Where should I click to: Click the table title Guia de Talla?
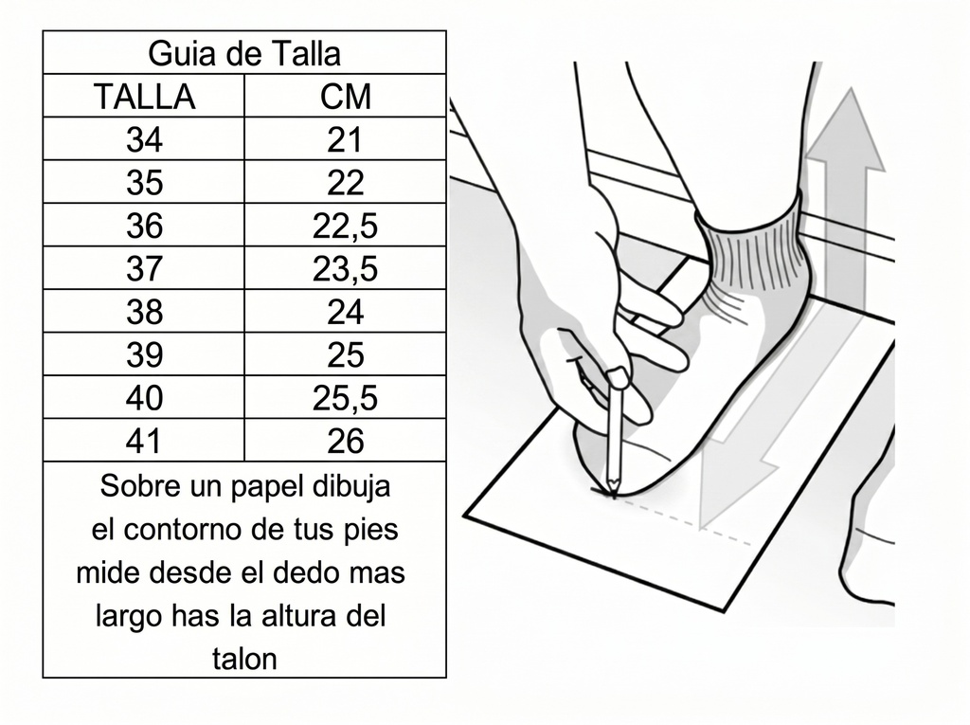tap(244, 53)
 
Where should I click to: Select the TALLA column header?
tap(144, 97)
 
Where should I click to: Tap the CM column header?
tap(345, 97)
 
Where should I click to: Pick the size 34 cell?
tap(144, 140)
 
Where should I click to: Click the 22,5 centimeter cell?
tap(345, 227)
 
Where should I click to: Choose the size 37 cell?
tap(144, 270)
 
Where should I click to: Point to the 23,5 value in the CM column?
tap(345, 270)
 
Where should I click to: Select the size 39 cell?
tap(144, 355)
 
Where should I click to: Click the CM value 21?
tap(345, 140)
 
